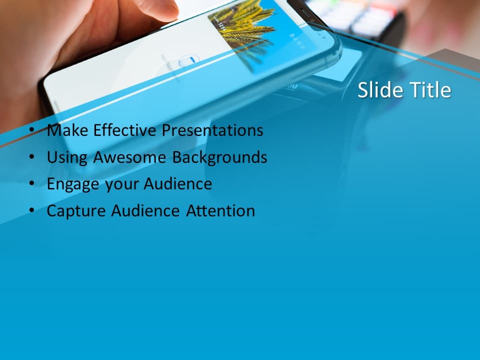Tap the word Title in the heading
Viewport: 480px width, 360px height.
(x=430, y=90)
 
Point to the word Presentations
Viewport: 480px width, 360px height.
(x=212, y=130)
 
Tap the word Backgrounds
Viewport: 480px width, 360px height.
(x=219, y=157)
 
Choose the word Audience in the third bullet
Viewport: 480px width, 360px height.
(x=178, y=184)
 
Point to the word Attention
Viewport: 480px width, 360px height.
(x=220, y=210)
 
